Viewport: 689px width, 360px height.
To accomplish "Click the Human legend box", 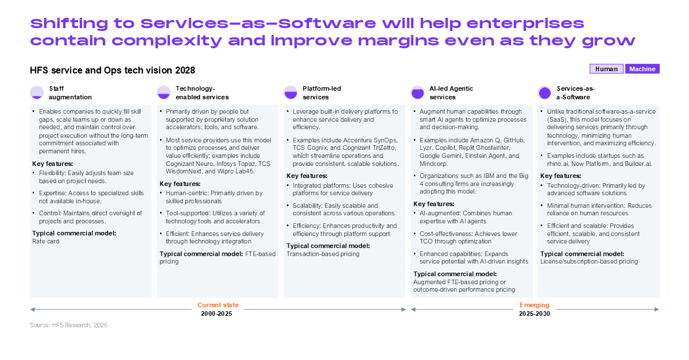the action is click(606, 69).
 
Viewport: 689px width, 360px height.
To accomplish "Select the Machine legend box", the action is click(642, 69).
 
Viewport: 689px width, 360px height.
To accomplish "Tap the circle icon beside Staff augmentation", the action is click(37, 92).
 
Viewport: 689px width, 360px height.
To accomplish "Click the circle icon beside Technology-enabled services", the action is click(164, 92).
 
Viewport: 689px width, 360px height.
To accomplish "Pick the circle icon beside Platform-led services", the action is click(291, 92).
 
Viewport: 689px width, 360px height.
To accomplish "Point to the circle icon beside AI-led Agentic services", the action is click(418, 92).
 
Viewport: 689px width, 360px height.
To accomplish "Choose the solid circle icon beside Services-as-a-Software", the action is click(545, 92).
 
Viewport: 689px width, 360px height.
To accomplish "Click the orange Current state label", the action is click(218, 305).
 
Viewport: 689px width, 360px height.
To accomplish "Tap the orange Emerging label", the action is click(535, 305).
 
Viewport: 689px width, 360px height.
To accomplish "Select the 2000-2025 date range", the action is click(216, 313).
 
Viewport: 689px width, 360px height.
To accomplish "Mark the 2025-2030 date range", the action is click(535, 313).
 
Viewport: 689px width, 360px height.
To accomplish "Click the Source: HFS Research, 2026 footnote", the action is click(68, 325).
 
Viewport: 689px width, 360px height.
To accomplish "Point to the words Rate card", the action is click(45, 241).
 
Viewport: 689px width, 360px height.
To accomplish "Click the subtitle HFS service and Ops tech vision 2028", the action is click(113, 70).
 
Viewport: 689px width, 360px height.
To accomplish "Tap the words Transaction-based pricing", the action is click(323, 254).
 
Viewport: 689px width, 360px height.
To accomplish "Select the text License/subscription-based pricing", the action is click(589, 261).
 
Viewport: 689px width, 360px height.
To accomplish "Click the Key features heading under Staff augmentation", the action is click(53, 164).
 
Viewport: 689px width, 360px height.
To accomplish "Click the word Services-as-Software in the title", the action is click(258, 24).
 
